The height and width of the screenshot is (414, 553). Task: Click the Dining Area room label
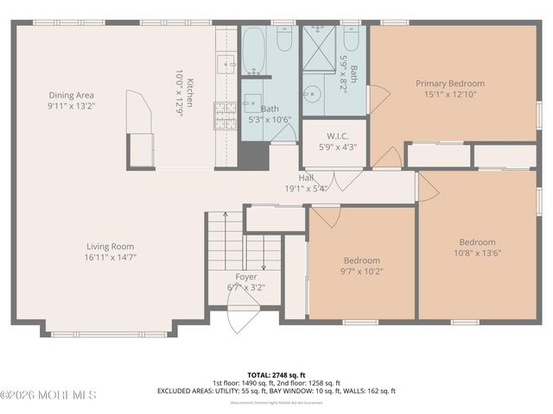(x=71, y=95)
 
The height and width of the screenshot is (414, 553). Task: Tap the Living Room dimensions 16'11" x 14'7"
(x=111, y=256)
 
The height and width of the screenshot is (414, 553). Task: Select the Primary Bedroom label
(x=449, y=84)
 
